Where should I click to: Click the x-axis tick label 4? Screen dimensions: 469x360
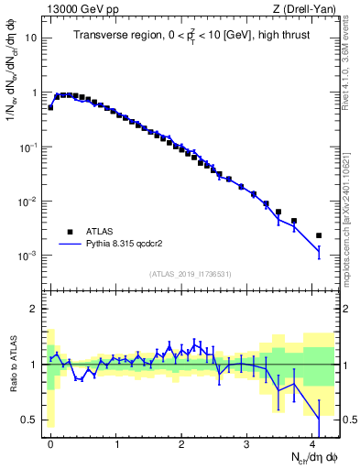coord(312,442)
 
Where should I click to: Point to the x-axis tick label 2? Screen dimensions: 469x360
coord(181,442)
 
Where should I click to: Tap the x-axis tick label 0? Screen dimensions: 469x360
coord(50,442)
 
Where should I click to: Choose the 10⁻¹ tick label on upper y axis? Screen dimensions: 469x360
coord(28,147)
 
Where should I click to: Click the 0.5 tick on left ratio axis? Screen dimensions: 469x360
coord(29,420)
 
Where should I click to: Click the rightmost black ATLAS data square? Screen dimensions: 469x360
coord(319,235)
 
